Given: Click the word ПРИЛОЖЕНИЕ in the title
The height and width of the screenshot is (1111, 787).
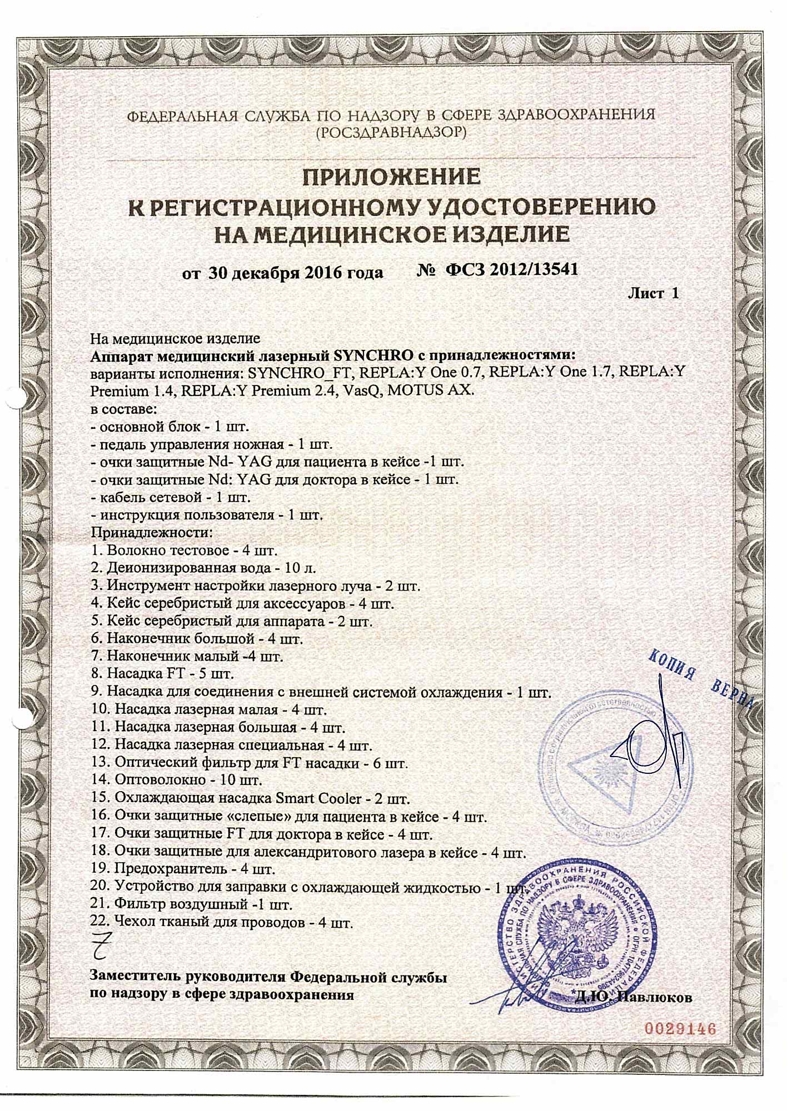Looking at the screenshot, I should [391, 177].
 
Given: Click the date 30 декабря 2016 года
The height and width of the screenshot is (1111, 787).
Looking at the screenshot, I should [296, 273].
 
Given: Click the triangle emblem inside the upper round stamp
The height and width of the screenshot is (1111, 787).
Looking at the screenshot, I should [611, 764].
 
